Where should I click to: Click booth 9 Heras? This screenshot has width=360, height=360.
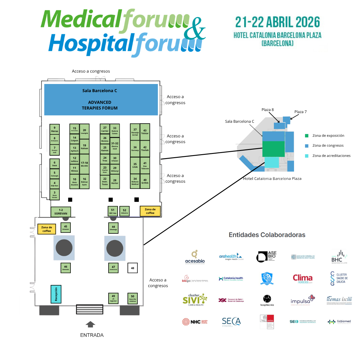55,129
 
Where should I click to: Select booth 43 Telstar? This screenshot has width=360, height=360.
145,132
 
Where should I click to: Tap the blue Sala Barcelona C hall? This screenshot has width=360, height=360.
101,100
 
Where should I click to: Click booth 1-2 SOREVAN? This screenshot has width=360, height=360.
61,212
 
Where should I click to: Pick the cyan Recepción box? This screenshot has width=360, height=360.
56,294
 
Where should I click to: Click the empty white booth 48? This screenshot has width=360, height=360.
133,268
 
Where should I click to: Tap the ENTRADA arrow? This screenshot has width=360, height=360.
90,324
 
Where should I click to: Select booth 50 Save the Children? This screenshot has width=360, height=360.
133,298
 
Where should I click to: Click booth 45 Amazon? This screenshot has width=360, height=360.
66,228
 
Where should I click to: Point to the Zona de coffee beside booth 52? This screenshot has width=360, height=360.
150,211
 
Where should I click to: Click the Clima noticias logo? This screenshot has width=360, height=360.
303,279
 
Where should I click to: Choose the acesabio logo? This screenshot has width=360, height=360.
195,257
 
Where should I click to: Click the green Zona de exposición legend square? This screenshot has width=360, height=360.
307,136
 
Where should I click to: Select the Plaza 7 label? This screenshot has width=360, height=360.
300,112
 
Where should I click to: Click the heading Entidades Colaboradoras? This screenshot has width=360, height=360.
267,235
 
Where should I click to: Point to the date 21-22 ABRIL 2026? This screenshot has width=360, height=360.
277,22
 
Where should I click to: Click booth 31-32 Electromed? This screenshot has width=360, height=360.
115,145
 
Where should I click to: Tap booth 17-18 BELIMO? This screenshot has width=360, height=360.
85,164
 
